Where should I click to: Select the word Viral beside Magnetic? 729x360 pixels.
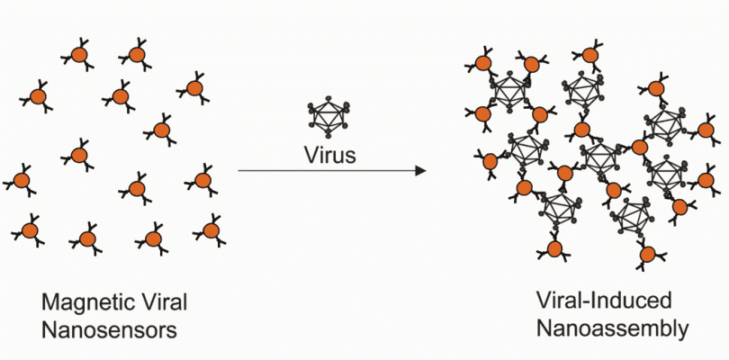[x=166, y=301]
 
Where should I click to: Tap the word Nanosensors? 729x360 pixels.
[x=109, y=328]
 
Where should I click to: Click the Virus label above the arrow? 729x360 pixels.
[x=329, y=154]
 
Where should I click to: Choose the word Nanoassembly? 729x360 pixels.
[x=612, y=328]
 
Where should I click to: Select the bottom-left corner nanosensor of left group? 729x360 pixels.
[x=29, y=231]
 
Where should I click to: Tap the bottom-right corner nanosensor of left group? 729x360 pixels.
[x=210, y=230]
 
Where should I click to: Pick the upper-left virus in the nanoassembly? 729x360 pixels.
[x=510, y=92]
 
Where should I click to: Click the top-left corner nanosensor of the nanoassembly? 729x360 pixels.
[x=482, y=63]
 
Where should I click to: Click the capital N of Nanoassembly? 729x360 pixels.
[x=545, y=328]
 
